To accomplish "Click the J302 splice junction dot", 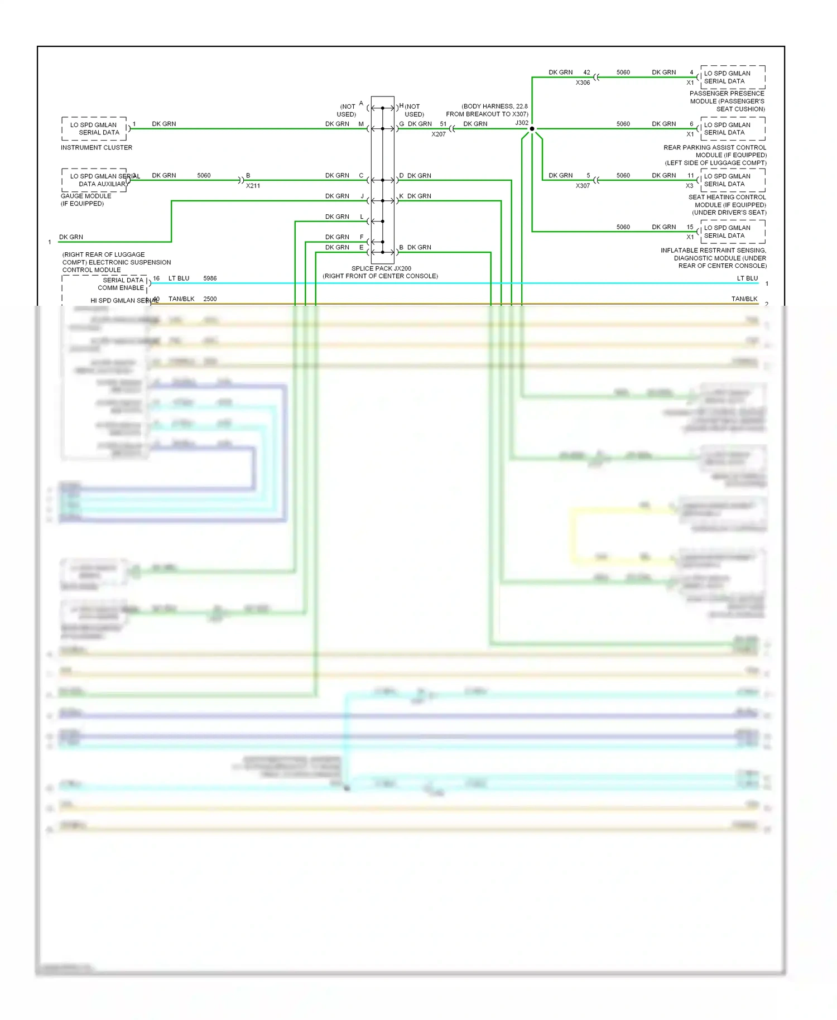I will coord(532,129).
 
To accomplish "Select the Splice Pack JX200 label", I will coord(381,268).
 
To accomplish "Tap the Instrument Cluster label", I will coord(97,148).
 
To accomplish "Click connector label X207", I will coord(439,134).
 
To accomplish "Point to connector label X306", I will coord(583,83).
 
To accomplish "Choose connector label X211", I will coord(253,186).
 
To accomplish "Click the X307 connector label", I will coord(583,186).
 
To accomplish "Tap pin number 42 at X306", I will coord(586,73).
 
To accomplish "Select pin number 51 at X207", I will coord(443,124).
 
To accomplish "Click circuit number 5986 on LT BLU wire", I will coord(210,278).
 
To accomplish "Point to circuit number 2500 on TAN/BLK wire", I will coord(210,299).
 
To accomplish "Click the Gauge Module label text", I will coord(86,196).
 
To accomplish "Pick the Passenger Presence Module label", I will coord(727,101).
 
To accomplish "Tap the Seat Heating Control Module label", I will coord(727,205).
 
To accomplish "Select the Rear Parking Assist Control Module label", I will coord(715,155).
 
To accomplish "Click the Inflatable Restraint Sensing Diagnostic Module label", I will coord(714,258).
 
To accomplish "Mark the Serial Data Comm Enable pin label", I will coord(122,284).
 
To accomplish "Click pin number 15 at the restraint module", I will coord(690,227).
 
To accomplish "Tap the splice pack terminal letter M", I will coord(361,124).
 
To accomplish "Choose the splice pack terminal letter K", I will coord(401,196).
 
